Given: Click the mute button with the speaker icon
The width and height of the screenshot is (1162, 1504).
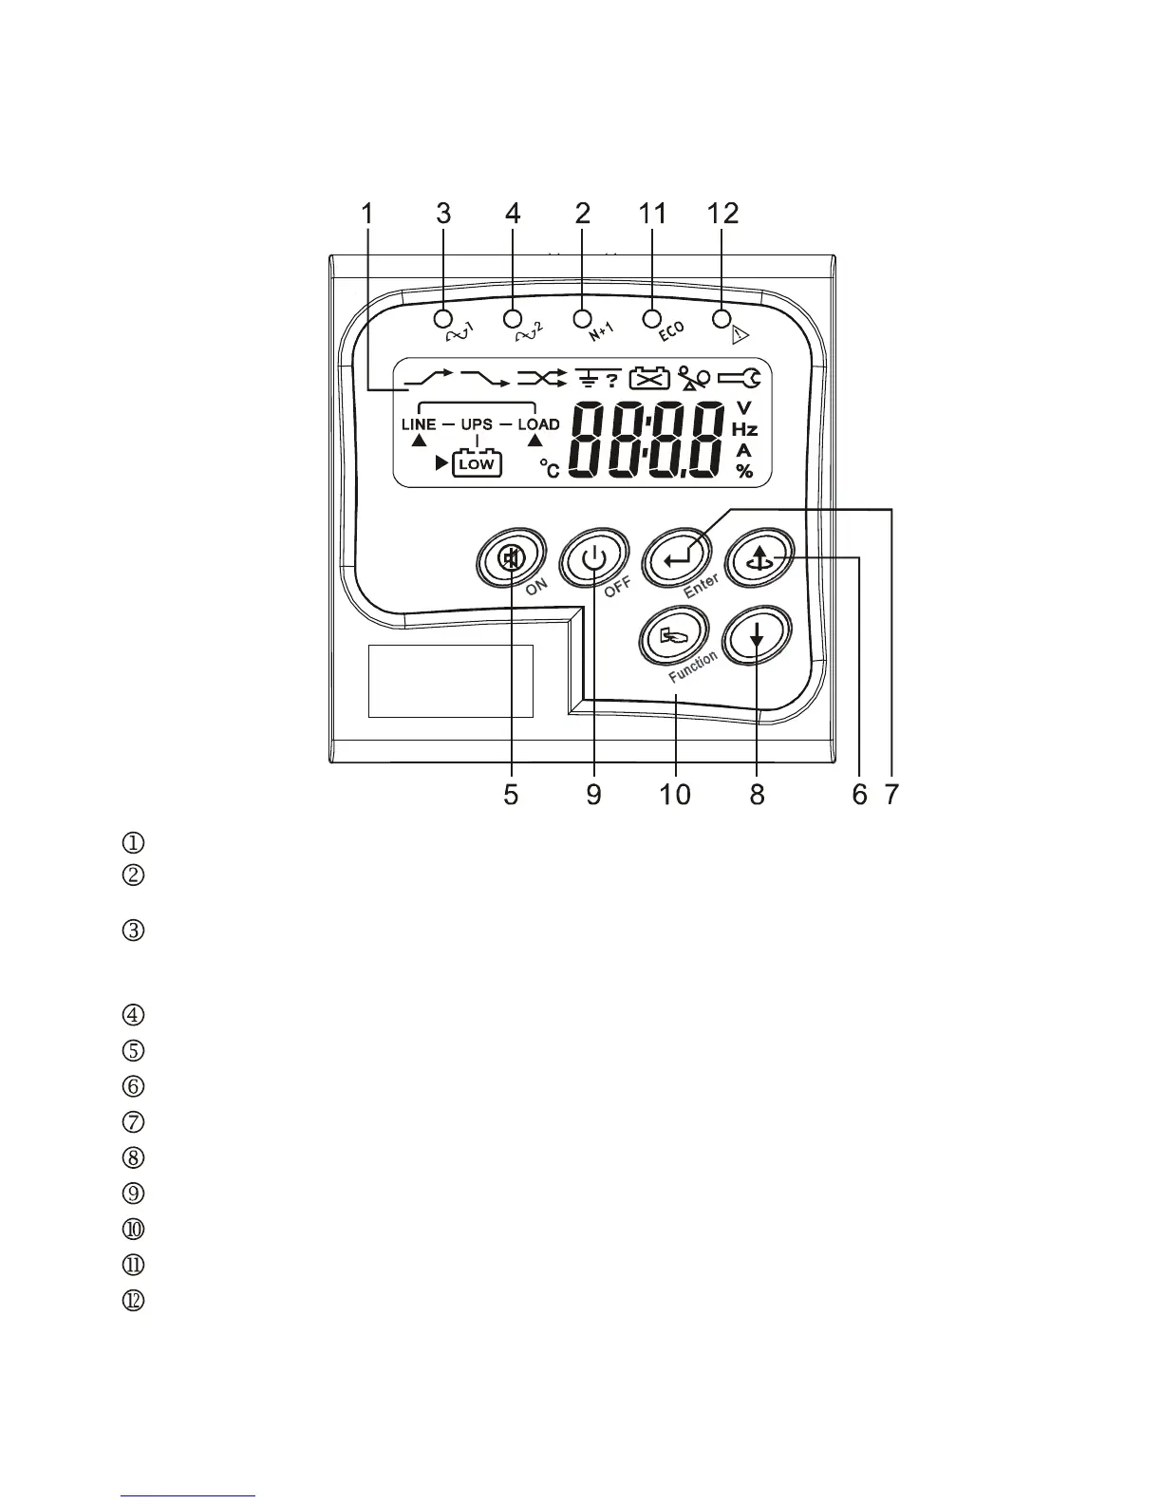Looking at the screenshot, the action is [x=511, y=559].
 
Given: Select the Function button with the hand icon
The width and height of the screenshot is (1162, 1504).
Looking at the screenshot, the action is [x=672, y=638].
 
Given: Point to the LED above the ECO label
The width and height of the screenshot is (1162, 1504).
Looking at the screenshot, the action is [x=652, y=317].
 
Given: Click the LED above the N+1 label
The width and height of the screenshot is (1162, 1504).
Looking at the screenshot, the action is [x=583, y=317].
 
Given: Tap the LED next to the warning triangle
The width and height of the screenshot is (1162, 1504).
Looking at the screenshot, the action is [x=722, y=317].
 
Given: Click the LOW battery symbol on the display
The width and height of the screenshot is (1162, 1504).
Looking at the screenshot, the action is [x=477, y=464].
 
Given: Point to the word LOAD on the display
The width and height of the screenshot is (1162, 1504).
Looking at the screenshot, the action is [x=538, y=424].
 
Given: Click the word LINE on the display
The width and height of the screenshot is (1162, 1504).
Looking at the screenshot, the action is [x=419, y=424].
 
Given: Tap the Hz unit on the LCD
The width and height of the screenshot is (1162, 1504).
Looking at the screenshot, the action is [x=744, y=430].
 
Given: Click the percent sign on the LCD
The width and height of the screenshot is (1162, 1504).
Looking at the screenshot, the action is [x=744, y=471].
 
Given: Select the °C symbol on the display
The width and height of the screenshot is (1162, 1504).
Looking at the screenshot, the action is [x=550, y=467].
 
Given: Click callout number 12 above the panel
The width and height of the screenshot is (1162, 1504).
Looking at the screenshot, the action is [x=722, y=214].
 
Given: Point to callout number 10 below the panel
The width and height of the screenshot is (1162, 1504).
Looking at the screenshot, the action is [x=675, y=794].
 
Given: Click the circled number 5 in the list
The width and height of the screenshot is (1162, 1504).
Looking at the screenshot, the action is [x=134, y=1051].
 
